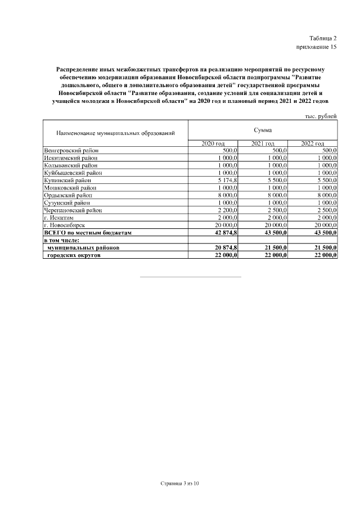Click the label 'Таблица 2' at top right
[x=322, y=38]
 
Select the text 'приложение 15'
[x=317, y=47]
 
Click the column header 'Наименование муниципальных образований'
[x=115, y=133]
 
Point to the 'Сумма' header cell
[x=263, y=130]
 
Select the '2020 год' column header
[x=213, y=144]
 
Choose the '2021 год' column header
[x=263, y=144]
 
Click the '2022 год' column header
[x=313, y=144]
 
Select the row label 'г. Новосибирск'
[x=64, y=224]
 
